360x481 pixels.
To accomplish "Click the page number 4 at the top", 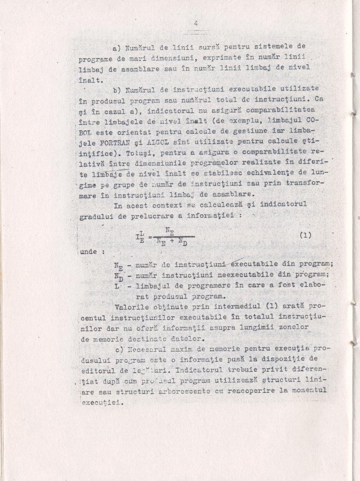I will click(x=196, y=24).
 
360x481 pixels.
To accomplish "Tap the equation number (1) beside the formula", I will click(x=305, y=235).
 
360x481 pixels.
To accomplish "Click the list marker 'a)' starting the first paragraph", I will click(x=116, y=48).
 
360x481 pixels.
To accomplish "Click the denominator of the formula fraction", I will click(x=172, y=243).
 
